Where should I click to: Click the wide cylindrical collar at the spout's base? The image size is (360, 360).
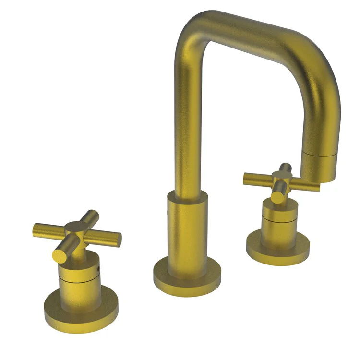(187, 226)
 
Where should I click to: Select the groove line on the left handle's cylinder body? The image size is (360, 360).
(79, 277)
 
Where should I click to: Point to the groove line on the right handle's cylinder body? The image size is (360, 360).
(279, 220)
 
